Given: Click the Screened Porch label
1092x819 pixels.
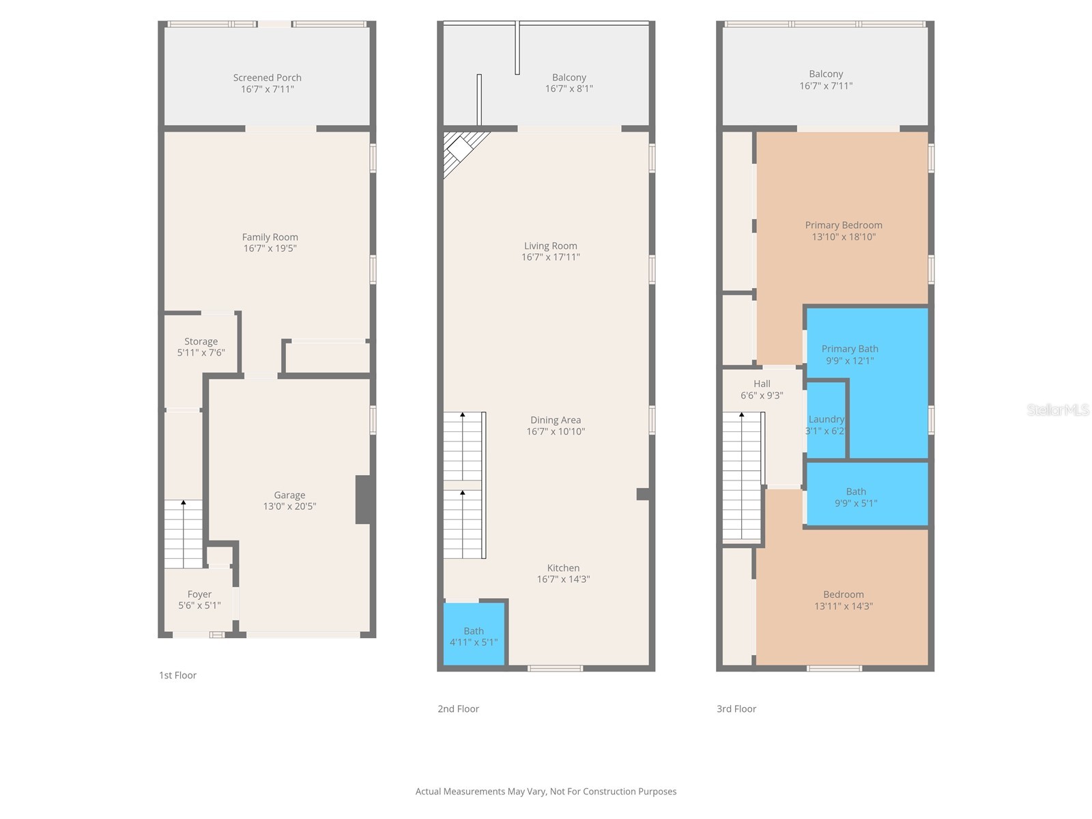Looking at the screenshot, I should pos(267,78).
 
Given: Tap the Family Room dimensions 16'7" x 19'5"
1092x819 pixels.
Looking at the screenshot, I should pos(270,248).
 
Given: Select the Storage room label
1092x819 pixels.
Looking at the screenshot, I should pos(201,341).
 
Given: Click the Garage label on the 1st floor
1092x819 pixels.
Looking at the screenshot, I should pos(289,495).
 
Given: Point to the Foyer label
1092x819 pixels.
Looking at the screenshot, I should pos(199,594).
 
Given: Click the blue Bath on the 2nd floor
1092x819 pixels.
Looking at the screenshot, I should pos(474,635).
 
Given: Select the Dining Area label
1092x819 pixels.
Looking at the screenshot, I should pos(556,420).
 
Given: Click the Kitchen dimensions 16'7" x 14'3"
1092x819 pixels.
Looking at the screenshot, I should pos(563,579).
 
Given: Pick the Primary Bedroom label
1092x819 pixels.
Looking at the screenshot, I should pos(844,225).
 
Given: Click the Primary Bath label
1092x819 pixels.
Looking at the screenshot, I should pos(850,349).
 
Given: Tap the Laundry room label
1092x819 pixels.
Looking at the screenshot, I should pos(827,419).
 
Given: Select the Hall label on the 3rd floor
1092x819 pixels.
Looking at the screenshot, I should pos(762,384).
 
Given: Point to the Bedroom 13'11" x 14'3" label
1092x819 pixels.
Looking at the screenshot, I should pos(844,594).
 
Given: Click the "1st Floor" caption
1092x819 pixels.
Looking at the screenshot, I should pos(177,675).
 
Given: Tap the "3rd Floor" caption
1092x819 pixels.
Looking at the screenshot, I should pos(736,709).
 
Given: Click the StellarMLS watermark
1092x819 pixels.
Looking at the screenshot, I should pos(1058,409).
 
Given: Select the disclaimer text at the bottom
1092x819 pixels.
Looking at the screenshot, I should pos(546,792).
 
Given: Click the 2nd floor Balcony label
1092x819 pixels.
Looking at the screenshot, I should pos(569,78).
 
